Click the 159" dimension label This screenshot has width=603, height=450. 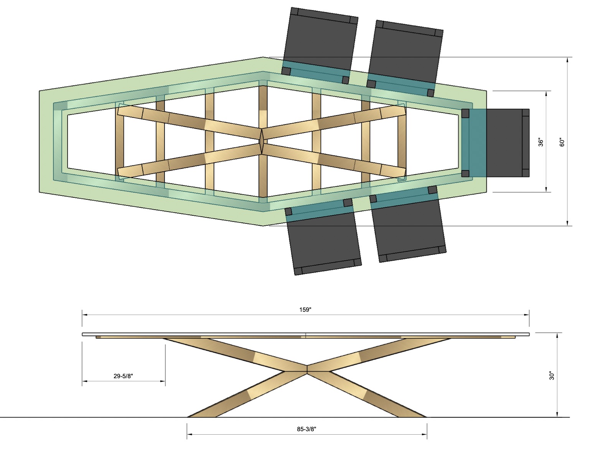coord(305,309)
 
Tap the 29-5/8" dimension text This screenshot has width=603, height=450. coord(123,376)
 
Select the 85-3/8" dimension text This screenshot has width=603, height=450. coord(306,429)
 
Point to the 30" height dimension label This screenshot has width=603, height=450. coord(552,375)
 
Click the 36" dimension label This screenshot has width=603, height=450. coord(541,142)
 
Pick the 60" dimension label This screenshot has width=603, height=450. coord(562,142)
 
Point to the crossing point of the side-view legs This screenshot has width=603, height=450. coord(307,367)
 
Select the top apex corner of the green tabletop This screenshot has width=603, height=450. coord(263,58)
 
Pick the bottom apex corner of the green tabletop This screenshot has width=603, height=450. coord(263,225)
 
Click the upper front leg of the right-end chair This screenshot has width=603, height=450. coord(465,113)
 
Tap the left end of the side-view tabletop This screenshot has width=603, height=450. coord(83,334)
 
